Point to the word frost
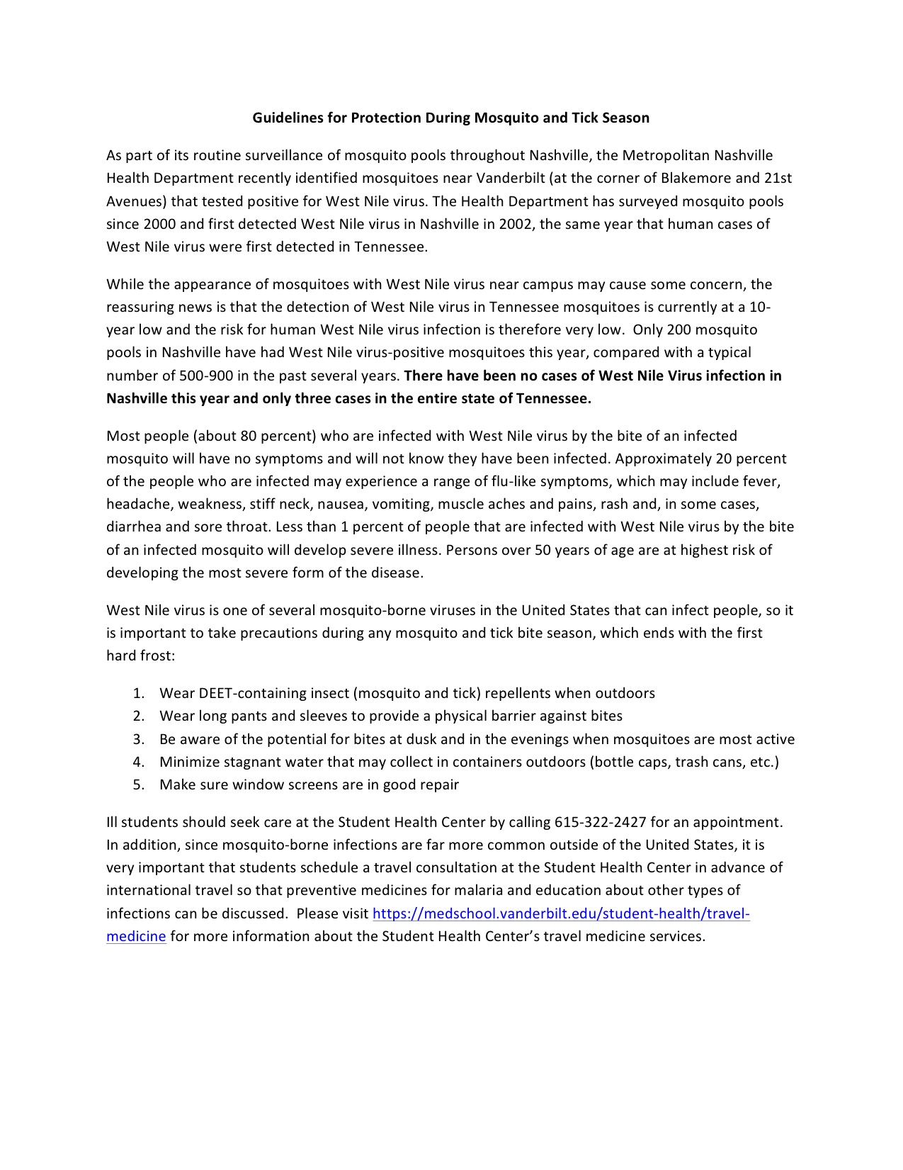click(x=157, y=656)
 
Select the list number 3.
click(x=138, y=739)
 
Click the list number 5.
click(x=138, y=785)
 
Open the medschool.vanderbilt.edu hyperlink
click(x=560, y=914)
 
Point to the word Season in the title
click(x=625, y=118)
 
